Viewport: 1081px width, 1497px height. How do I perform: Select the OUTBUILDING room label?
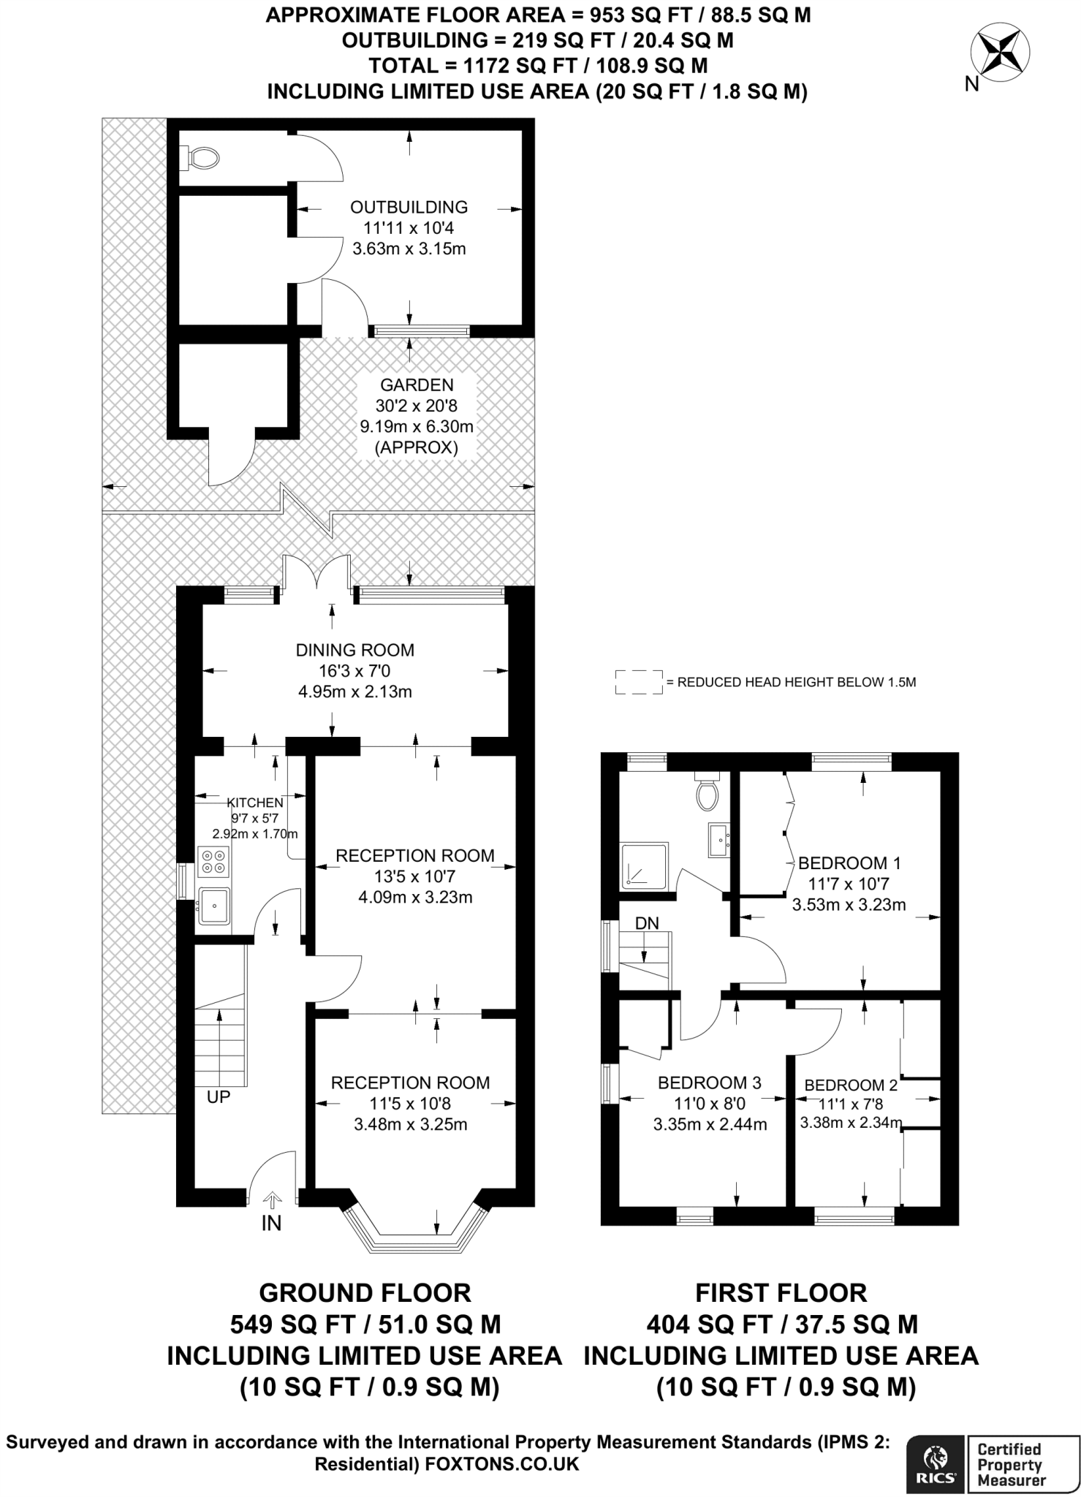point(409,207)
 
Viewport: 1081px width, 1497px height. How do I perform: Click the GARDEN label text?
point(417,384)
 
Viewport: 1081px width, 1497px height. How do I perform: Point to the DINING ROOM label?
point(355,650)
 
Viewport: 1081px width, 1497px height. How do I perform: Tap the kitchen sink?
point(213,906)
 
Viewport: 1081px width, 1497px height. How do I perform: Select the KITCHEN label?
point(255,803)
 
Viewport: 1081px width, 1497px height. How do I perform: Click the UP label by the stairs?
point(219,1097)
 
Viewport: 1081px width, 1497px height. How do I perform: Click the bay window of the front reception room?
point(414,1231)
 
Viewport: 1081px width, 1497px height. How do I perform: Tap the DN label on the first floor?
point(647,923)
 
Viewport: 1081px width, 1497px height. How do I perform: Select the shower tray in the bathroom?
point(644,867)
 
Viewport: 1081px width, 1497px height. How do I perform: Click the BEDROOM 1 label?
point(849,863)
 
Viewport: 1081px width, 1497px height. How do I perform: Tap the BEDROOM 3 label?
point(710,1083)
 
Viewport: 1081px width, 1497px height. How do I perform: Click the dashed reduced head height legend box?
point(640,682)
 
